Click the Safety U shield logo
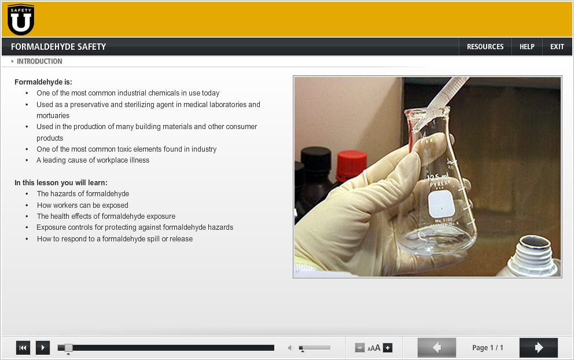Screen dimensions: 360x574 tap(21, 20)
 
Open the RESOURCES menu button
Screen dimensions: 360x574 tap(485, 47)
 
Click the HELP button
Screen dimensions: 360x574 tap(527, 47)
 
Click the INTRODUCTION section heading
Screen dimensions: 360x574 tap(39, 61)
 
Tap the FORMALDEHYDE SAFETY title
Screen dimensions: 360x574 tap(58, 47)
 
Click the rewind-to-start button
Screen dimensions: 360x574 tap(23, 347)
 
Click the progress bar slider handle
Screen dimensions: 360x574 tap(68, 347)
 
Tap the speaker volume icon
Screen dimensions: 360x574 tap(291, 348)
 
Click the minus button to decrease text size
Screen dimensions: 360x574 tap(360, 348)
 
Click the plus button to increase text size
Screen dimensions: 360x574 tap(388, 348)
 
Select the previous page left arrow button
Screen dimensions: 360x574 tap(437, 347)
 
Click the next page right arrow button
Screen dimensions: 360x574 tap(539, 347)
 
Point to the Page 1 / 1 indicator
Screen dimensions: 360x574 tap(488, 348)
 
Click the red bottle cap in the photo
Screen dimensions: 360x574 tap(351, 164)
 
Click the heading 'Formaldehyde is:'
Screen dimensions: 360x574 tap(43, 82)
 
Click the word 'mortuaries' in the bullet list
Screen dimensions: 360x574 tap(53, 116)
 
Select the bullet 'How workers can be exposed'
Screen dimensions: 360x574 tap(83, 205)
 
